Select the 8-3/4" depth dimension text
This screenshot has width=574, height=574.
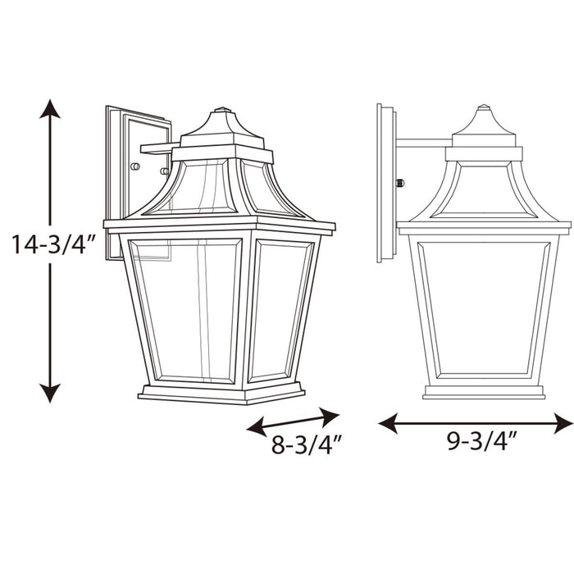coord(306,446)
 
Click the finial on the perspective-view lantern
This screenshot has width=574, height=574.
coord(221,110)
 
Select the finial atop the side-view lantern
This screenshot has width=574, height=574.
coord(484,108)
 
